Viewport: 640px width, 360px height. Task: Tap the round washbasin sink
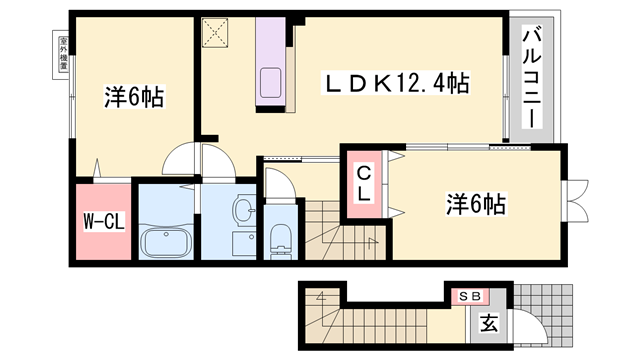[x=244, y=209]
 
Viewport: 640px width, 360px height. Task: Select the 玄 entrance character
[x=489, y=322]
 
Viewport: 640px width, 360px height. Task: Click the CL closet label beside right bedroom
[x=366, y=185]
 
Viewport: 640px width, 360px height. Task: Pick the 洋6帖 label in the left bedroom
[x=133, y=98]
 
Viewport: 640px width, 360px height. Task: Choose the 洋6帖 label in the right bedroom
[x=475, y=204]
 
